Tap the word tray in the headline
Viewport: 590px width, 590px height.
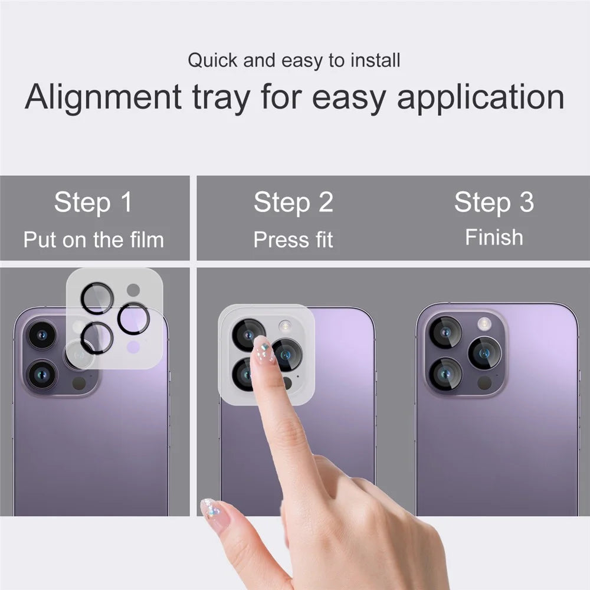[221, 98]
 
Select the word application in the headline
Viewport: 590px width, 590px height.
[480, 97]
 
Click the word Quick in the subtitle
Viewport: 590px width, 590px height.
[212, 60]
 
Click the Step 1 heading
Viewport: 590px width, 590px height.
[93, 202]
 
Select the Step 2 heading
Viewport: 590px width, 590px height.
[293, 202]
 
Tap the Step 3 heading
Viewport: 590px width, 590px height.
[494, 202]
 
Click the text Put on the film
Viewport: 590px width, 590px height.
[94, 240]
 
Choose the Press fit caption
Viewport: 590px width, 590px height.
[293, 240]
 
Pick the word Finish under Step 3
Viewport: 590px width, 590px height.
[494, 237]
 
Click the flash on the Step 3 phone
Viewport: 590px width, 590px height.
[484, 323]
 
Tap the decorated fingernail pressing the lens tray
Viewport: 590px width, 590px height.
[263, 350]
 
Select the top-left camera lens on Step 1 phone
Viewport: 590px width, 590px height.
[42, 335]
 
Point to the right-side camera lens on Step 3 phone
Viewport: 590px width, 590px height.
[484, 353]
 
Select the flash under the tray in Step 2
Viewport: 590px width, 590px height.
[285, 326]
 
